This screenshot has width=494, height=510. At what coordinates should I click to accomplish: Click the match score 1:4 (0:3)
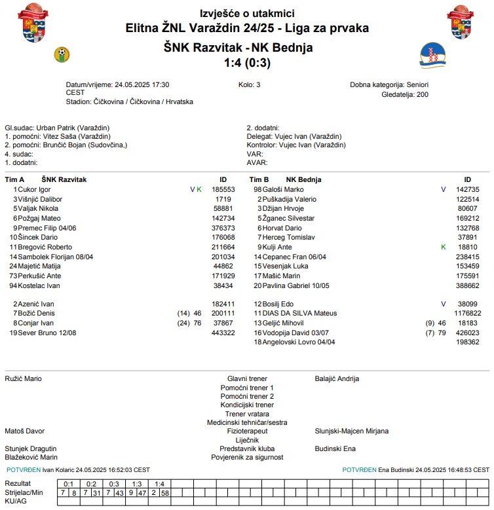coord(247,63)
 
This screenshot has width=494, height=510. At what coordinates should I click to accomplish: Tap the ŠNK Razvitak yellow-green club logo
coord(62,54)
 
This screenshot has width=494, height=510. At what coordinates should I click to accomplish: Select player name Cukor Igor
coord(34,189)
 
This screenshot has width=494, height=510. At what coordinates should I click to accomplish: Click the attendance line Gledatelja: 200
coord(404,94)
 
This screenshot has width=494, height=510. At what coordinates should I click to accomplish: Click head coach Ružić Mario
coord(24,379)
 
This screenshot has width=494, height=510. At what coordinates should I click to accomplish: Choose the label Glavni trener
coord(247,379)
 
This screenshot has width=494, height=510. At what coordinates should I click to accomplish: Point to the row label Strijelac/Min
coord(24,492)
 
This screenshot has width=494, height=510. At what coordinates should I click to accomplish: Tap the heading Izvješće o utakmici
coord(247,14)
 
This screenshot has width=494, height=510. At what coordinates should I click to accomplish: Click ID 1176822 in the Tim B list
coord(466,314)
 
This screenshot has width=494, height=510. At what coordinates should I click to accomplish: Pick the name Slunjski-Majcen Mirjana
coord(352,431)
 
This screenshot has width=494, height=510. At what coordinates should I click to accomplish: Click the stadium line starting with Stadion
coord(130,101)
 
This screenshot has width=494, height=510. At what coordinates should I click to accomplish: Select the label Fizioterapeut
coord(247,431)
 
